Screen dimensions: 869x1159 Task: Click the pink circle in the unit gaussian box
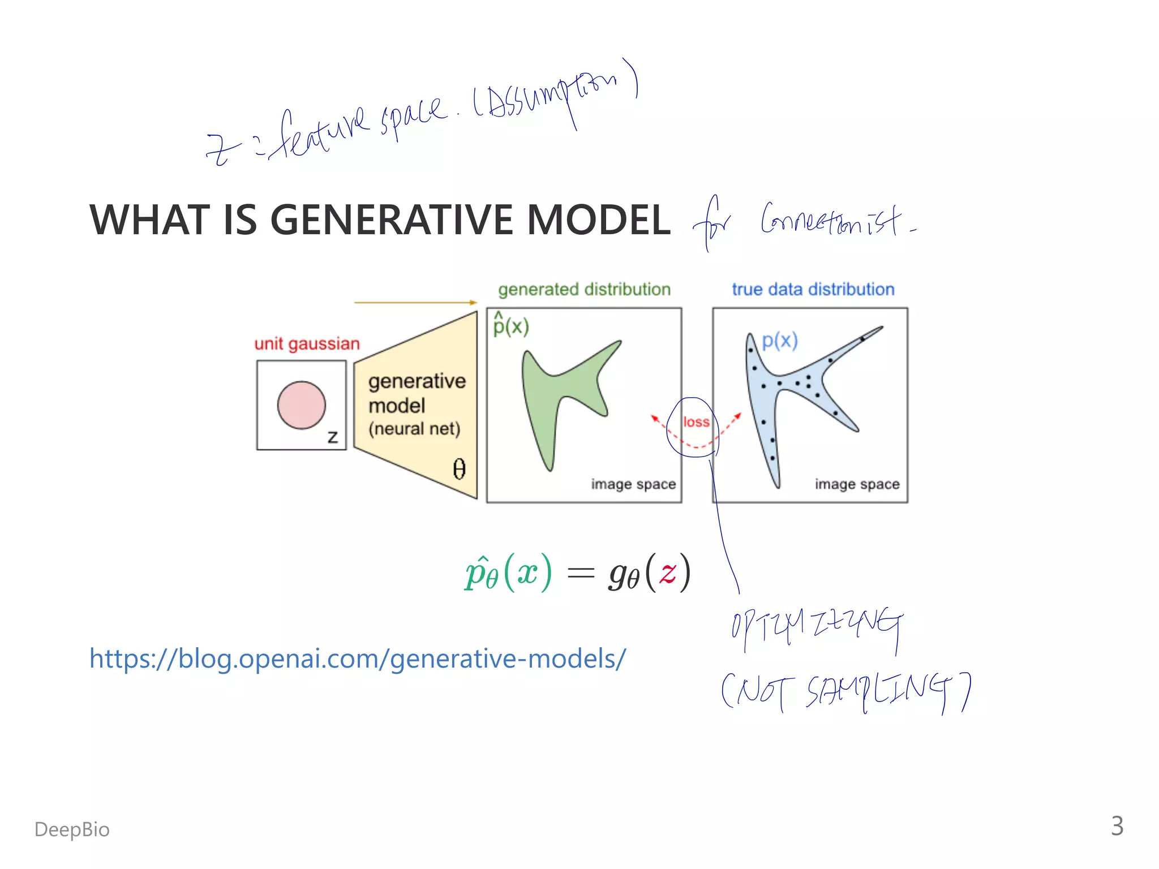pos(301,405)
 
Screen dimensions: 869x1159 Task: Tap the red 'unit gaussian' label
pos(307,343)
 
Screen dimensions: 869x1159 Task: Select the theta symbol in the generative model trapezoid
pos(459,469)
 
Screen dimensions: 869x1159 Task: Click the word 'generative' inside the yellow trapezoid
pos(417,381)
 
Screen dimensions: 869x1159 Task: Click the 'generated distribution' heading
pos(584,289)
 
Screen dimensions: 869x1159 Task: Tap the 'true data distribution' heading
pos(813,289)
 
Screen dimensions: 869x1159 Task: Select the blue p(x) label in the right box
pos(779,340)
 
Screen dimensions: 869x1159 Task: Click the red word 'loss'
pos(696,422)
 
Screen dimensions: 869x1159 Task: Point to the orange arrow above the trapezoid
pos(415,303)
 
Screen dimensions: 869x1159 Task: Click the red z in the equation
pos(667,573)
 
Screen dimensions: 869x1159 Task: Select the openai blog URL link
pos(358,659)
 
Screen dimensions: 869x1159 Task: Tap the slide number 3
pos(1117,826)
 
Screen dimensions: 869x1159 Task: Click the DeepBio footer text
pos(72,829)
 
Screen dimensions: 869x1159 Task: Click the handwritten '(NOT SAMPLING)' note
pos(845,692)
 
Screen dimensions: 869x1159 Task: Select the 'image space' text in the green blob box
pos(633,484)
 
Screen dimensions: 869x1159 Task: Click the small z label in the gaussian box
pos(333,437)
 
